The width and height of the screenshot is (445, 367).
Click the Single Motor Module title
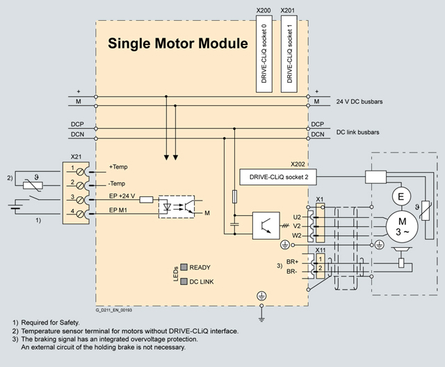point(177,44)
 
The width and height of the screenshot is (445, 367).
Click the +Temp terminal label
point(119,167)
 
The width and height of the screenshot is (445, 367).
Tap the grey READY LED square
point(184,267)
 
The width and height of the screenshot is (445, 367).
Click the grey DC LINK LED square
point(184,281)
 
